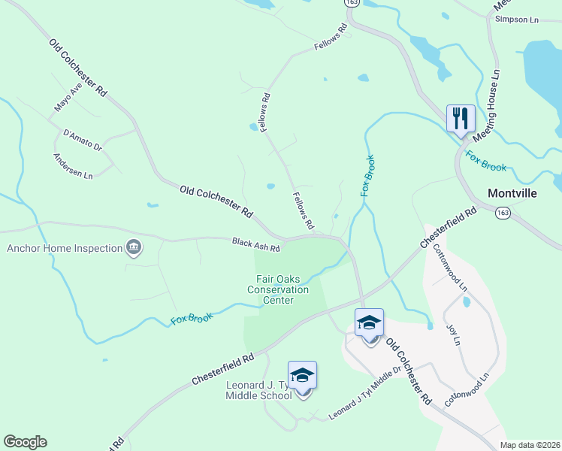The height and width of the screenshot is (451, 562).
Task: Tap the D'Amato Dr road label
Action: click(x=83, y=139)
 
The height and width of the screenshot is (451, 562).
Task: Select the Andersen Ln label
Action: click(x=72, y=167)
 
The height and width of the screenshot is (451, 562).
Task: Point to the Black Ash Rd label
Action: click(x=255, y=244)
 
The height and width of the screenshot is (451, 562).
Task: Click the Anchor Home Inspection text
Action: click(x=65, y=248)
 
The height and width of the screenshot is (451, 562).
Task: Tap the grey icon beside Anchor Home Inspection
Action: click(x=133, y=247)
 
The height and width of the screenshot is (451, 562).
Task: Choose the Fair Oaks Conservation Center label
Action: click(x=278, y=289)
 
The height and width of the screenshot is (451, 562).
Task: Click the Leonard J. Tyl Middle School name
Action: click(x=258, y=390)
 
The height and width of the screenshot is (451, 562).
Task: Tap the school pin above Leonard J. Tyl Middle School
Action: click(x=302, y=376)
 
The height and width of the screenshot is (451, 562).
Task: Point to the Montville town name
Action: click(x=512, y=193)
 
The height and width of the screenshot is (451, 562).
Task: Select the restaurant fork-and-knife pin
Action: click(x=461, y=119)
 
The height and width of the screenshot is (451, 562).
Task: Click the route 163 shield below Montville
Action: click(x=502, y=214)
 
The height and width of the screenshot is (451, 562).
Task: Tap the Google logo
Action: click(x=25, y=442)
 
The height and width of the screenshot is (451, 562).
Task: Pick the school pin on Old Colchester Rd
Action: click(x=369, y=323)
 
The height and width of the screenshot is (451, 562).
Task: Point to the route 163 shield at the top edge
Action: click(x=352, y=3)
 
